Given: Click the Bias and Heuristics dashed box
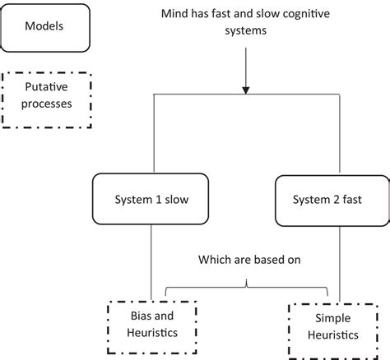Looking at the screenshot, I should point(152,327).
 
